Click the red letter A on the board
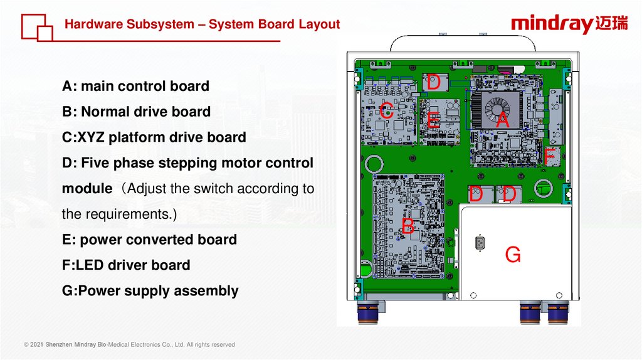[x=502, y=120]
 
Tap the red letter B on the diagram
[x=408, y=226]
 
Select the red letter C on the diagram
[x=387, y=112]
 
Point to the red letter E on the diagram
[x=433, y=120]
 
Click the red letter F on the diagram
[x=550, y=157]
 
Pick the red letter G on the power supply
[x=513, y=255]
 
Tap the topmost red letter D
[x=433, y=83]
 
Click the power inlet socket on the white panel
[x=480, y=242]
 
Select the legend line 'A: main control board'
[x=135, y=86]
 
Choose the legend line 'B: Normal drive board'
[x=136, y=112]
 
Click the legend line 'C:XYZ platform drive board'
[x=154, y=137]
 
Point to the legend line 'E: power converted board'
[x=149, y=240]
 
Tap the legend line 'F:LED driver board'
[x=126, y=265]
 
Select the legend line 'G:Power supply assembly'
[x=150, y=291]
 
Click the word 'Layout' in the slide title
[x=319, y=24]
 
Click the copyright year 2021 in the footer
[x=37, y=344]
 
